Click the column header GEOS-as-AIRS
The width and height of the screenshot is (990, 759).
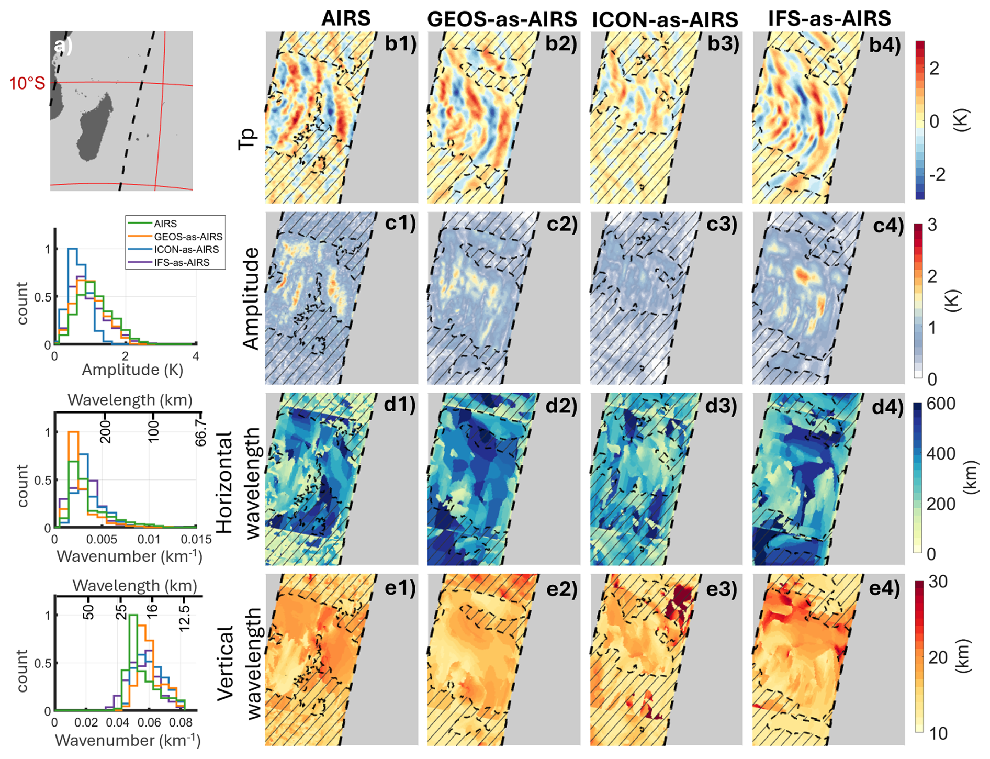[x=502, y=19]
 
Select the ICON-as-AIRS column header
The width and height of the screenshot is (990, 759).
[x=665, y=19]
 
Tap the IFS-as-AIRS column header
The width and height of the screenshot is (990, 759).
[x=829, y=18]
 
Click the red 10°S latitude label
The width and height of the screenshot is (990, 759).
[x=27, y=83]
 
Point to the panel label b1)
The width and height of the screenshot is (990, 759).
[x=400, y=44]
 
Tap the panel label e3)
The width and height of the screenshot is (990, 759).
[x=723, y=588]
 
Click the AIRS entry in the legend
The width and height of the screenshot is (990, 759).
[x=165, y=224]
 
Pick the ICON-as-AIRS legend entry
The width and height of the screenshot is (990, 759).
[x=186, y=250]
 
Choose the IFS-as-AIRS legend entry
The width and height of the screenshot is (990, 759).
[x=182, y=262]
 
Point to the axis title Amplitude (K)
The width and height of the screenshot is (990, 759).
[x=132, y=370]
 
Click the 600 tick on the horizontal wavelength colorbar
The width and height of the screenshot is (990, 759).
[x=941, y=404]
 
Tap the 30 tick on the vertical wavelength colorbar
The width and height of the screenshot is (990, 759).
[x=937, y=582]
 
